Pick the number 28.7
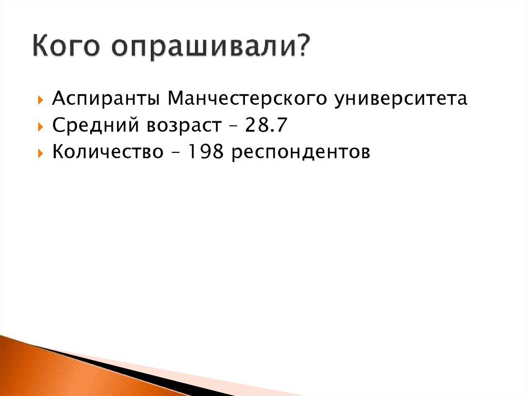pos(267,125)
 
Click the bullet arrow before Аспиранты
pos(41,99)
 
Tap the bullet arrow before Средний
pos(41,126)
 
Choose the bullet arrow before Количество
pos(41,153)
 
